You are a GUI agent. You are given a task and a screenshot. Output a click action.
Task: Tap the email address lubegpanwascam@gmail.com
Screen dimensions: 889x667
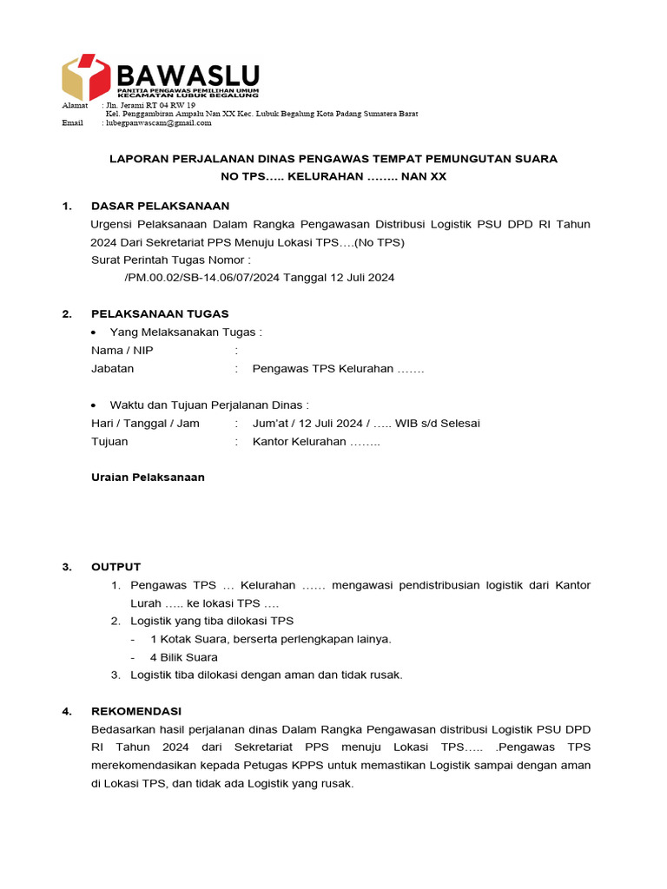pyautogui.click(x=158, y=123)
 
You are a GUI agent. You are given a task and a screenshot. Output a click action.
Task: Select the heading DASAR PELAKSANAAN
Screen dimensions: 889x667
pyautogui.click(x=160, y=206)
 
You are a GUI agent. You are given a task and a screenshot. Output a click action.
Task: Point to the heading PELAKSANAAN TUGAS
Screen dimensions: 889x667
pyautogui.click(x=160, y=313)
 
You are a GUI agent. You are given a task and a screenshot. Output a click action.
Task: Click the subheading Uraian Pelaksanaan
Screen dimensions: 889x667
pyautogui.click(x=148, y=477)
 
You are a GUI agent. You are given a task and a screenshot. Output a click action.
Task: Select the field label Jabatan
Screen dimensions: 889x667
pyautogui.click(x=112, y=368)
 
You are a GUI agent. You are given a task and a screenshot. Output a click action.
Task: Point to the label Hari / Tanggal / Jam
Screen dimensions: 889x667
pyautogui.click(x=145, y=423)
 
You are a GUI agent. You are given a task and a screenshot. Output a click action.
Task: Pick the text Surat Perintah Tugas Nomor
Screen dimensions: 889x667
pyautogui.click(x=170, y=260)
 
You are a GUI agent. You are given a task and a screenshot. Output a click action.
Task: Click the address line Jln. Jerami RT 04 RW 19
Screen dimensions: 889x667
pyautogui.click(x=150, y=105)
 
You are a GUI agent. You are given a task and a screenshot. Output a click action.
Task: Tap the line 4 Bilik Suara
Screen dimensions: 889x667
pyautogui.click(x=184, y=657)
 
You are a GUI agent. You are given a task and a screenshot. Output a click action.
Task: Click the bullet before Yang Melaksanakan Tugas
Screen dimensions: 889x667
pyautogui.click(x=95, y=333)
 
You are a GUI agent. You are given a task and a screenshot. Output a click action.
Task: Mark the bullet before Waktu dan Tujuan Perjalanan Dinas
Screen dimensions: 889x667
pyautogui.click(x=95, y=405)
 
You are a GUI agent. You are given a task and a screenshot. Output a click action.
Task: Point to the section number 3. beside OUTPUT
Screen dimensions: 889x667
pyautogui.click(x=67, y=567)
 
